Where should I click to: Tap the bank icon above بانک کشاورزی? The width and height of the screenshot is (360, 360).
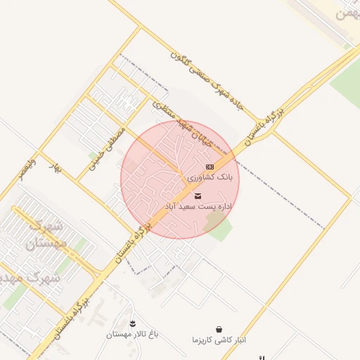tap(210, 167)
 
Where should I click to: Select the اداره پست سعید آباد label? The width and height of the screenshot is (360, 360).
tap(198, 207)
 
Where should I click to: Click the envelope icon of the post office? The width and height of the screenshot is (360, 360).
tap(198, 195)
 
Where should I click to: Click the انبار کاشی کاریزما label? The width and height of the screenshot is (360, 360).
tap(219, 340)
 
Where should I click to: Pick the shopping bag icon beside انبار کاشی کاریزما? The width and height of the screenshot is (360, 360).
tap(219, 328)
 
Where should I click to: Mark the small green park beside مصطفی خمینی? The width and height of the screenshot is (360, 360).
tap(93, 155)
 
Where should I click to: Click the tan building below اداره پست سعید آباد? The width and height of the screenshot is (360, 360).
tap(212, 224)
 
